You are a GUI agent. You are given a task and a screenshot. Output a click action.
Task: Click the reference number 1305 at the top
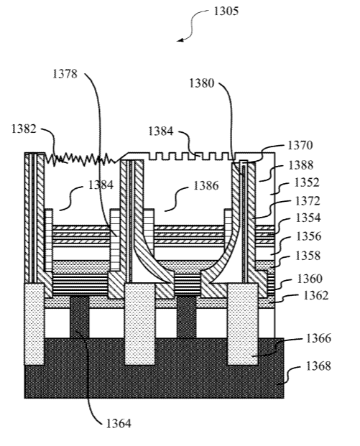point(226,11)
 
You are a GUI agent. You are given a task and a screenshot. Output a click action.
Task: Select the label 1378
point(65,74)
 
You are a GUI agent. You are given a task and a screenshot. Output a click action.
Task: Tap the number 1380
point(202,83)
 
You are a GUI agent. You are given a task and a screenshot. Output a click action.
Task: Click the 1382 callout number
point(24,129)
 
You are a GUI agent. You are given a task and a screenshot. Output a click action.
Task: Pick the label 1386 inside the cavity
point(206,186)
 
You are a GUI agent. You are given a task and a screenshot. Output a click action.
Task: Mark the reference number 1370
point(300,145)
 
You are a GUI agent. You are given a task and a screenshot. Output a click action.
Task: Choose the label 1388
point(301,165)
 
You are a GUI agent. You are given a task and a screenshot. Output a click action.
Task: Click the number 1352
point(307,182)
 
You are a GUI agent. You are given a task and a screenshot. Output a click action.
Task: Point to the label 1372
point(308,201)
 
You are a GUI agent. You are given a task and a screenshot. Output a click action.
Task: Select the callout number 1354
point(308,218)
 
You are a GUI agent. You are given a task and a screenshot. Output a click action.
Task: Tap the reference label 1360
point(310,279)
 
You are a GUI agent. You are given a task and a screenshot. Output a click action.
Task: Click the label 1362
point(316,296)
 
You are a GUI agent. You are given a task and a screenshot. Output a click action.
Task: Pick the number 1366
point(318,338)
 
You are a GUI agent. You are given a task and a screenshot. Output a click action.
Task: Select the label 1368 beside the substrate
point(318,366)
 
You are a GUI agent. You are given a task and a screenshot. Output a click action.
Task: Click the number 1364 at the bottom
point(119,424)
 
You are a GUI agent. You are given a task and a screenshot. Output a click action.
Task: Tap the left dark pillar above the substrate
point(80,317)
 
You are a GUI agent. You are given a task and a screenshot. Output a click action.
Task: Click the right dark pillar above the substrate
point(186,317)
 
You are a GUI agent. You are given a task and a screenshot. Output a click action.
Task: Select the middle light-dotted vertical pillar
point(140,324)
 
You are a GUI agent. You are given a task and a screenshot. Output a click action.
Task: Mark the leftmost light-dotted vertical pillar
point(34,324)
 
